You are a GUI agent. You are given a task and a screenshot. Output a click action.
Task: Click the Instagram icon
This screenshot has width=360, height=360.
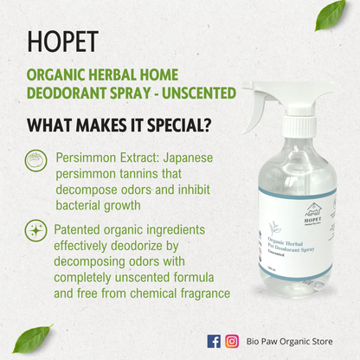231,341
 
